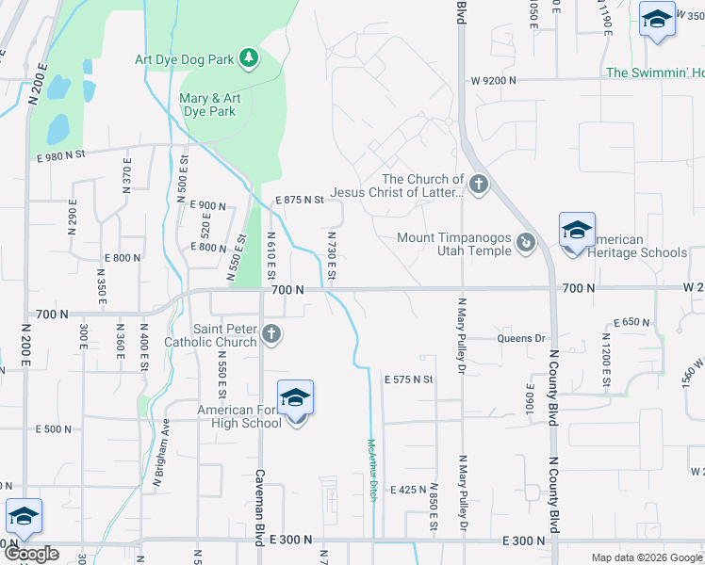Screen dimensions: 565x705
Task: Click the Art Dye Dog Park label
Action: [183, 60]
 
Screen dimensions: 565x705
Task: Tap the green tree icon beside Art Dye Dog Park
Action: [249, 59]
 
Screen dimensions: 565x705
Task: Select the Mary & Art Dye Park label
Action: [208, 105]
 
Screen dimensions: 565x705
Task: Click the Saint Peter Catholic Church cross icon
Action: [271, 333]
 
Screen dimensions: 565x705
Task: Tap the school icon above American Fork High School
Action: [295, 399]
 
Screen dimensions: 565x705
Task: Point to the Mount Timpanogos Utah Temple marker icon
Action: [526, 245]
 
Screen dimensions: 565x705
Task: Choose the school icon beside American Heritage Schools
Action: [577, 231]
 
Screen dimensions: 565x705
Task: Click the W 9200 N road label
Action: [490, 81]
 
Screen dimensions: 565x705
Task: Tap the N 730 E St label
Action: [332, 254]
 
